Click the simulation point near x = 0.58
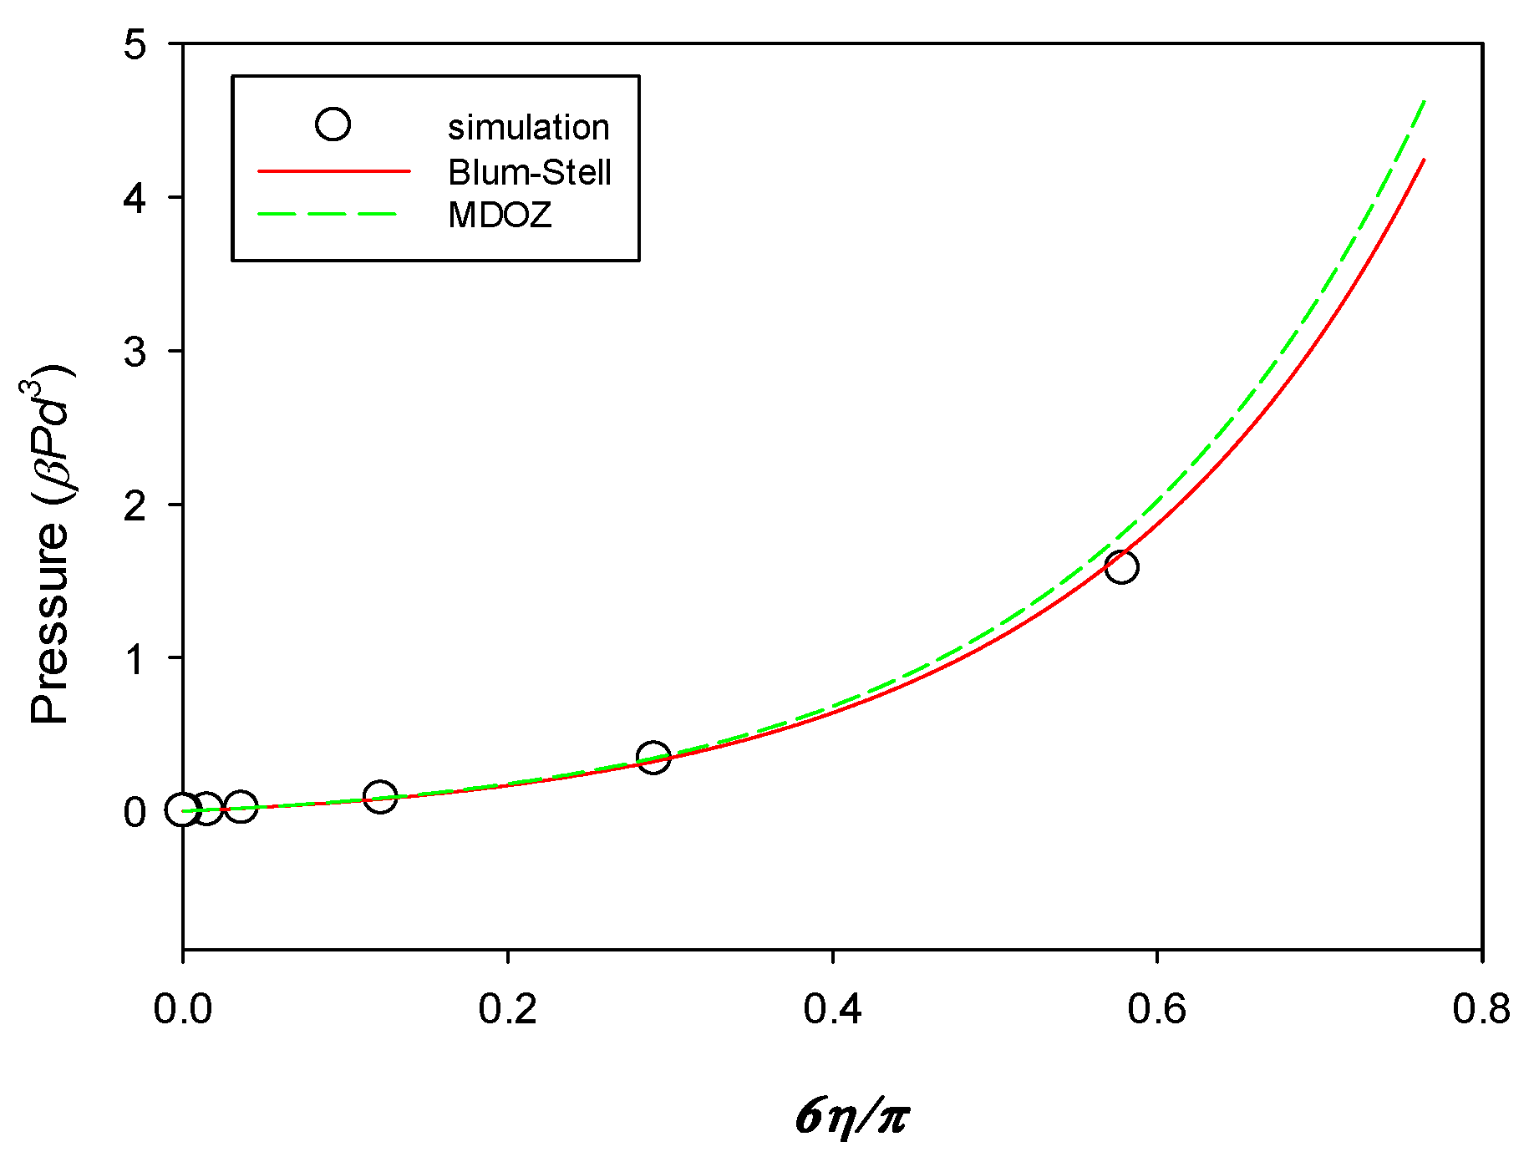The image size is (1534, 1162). coord(1120,567)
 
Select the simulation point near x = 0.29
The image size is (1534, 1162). coord(653,757)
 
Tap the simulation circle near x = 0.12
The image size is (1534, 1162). coord(380,795)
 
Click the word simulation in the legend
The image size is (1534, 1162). coord(528,128)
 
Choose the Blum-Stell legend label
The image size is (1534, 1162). coord(530,172)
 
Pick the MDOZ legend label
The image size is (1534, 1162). coord(500,216)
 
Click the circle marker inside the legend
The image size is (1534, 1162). coord(333,124)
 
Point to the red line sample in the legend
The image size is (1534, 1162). coord(334,171)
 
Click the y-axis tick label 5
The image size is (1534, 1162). coord(135,44)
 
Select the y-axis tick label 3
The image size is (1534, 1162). coord(135,352)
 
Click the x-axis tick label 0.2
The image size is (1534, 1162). coord(507,1009)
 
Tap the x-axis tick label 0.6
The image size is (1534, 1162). coord(1156,1009)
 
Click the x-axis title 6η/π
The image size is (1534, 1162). coord(852,1117)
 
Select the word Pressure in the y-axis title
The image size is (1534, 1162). coord(48,622)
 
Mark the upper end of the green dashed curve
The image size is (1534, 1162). coord(1424,101)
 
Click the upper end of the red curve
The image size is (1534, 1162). coord(1424,160)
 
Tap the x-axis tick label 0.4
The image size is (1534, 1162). coord(832,1009)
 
